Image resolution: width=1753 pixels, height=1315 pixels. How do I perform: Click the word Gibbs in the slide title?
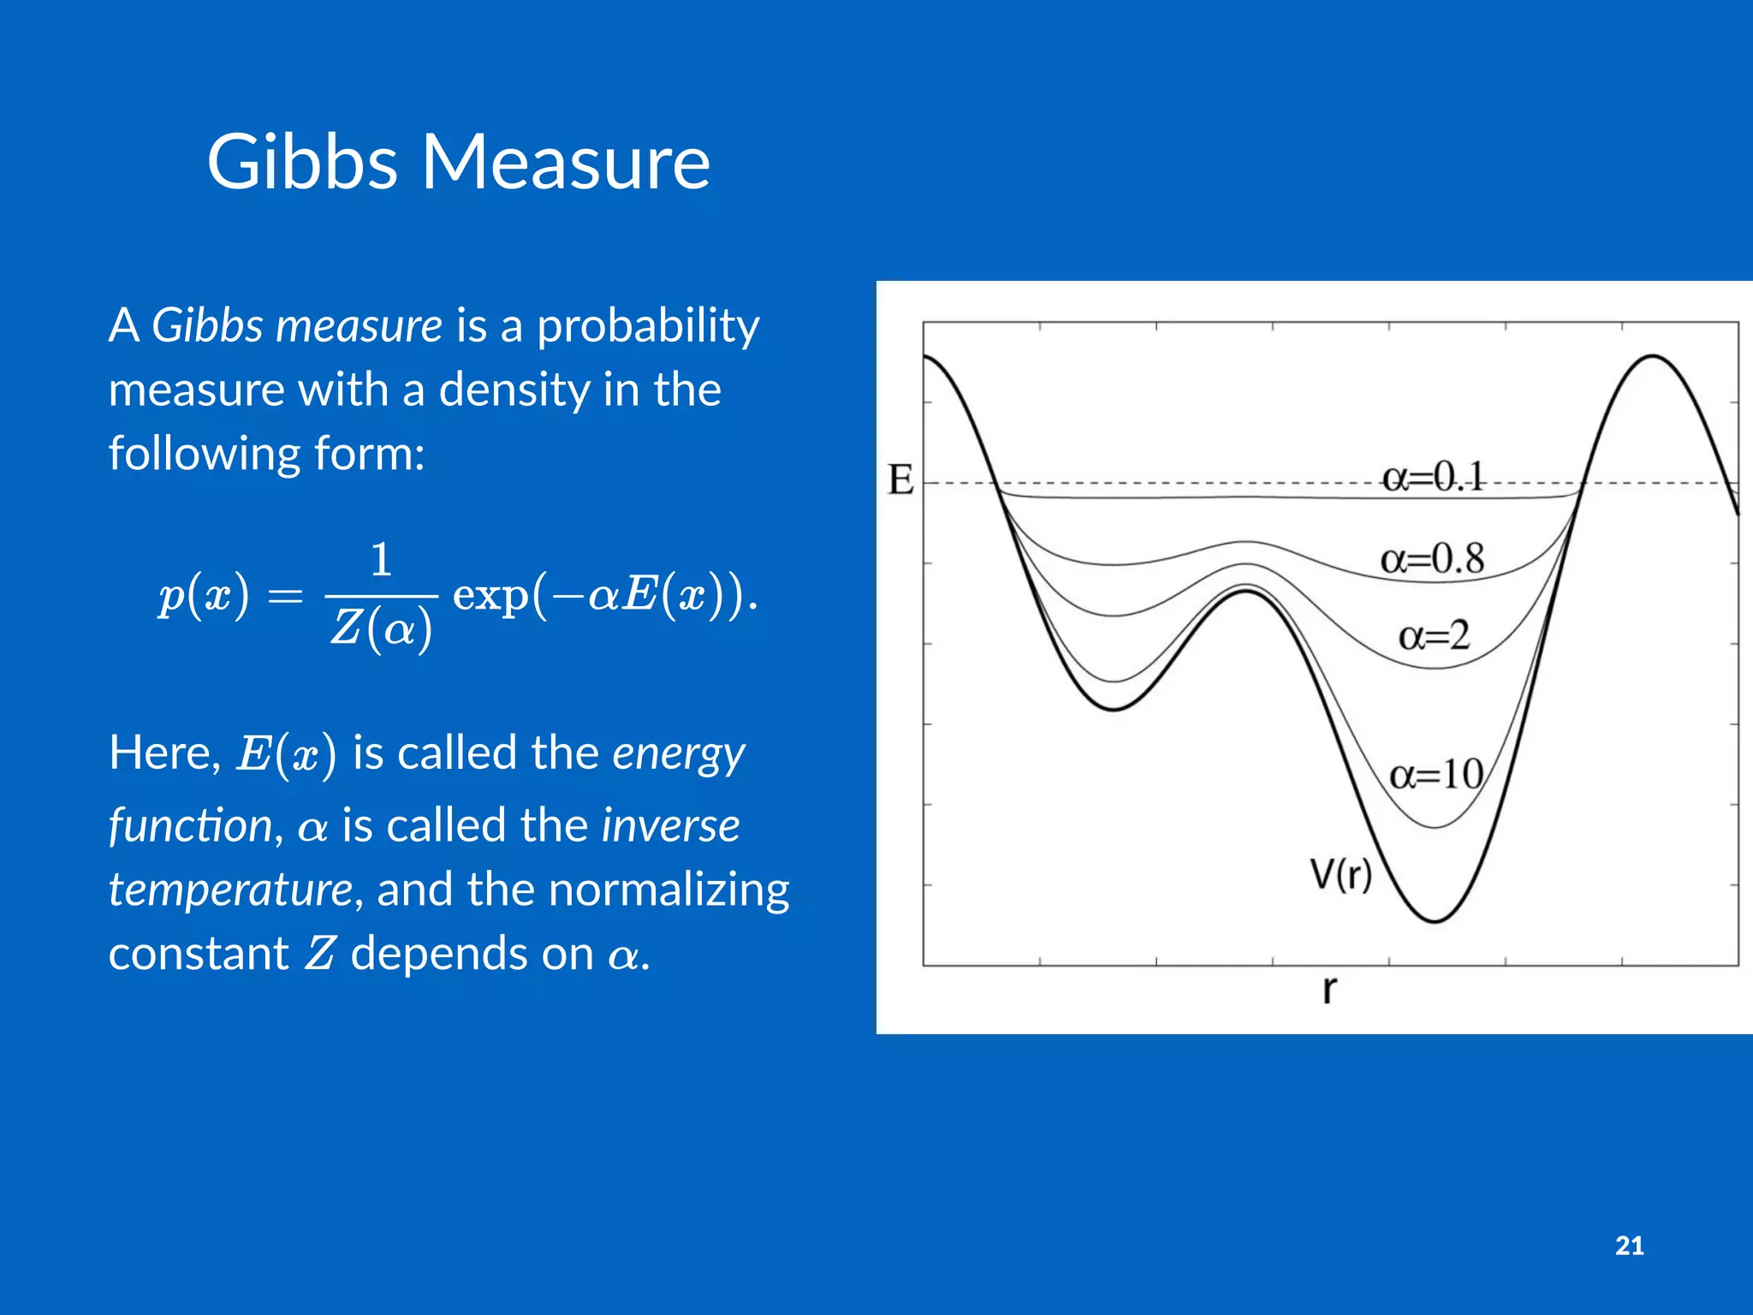point(302,163)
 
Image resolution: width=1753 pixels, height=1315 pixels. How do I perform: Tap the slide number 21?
point(1629,1246)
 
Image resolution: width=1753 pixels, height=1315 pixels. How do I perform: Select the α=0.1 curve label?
point(1432,477)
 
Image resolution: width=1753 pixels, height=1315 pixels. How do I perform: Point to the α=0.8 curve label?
point(1432,559)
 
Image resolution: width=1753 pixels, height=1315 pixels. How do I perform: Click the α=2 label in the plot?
point(1434,636)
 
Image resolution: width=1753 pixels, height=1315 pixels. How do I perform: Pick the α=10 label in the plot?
point(1435,775)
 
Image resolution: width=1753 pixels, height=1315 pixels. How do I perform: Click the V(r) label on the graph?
point(1340,875)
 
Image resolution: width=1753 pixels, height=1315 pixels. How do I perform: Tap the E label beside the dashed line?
point(900,480)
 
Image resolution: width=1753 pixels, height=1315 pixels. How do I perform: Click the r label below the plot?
point(1328,990)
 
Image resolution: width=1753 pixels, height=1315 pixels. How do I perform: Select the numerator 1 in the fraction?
point(382,560)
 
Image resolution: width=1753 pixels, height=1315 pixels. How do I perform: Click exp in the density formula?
point(490,595)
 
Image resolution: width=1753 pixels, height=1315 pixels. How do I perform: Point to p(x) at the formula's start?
point(204,595)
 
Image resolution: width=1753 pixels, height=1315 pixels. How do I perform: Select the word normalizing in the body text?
point(668,890)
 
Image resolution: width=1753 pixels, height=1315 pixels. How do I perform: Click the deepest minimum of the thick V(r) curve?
point(1435,921)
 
